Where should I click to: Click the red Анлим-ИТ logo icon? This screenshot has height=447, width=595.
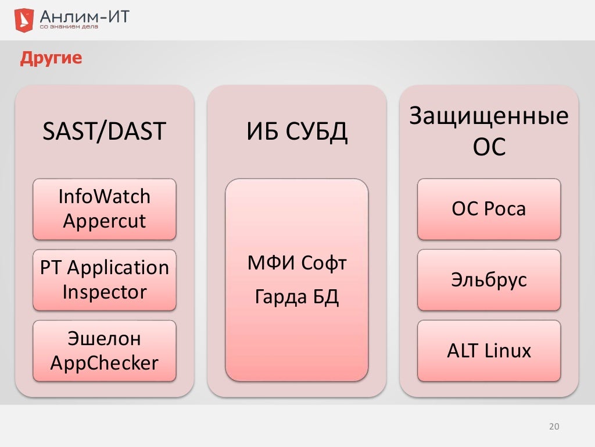point(23,20)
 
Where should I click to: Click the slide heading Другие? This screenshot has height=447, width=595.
point(51,58)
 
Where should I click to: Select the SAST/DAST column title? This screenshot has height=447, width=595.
point(105,132)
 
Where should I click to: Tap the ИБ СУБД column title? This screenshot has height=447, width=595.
point(297,132)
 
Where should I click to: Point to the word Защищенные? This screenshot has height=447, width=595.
point(489,116)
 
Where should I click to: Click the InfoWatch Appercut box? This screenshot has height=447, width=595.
point(105,209)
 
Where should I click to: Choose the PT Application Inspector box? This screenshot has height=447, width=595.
point(105,280)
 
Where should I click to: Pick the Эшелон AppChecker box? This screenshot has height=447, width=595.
point(105,351)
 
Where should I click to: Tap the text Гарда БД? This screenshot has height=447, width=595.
point(297,298)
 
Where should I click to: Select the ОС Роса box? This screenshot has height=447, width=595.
point(489,209)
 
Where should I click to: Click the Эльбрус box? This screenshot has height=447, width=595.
point(489,280)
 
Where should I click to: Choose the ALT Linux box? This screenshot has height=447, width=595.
point(489,351)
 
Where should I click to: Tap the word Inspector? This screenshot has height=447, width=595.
point(105,292)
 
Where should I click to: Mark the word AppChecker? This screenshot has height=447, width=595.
point(105,364)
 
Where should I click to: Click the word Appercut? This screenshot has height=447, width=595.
point(105,222)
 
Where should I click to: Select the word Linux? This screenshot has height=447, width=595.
point(510,351)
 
